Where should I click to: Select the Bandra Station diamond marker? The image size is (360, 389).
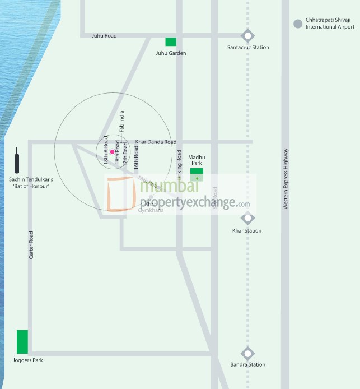click(247, 354)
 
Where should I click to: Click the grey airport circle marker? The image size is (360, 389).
click(298, 24)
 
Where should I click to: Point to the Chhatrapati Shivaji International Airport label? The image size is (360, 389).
click(330, 24)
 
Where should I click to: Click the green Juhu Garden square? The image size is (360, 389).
click(171, 41)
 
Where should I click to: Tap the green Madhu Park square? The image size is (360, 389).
click(197, 172)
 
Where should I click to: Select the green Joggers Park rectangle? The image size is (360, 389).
click(22, 342)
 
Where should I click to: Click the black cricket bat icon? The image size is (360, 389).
click(17, 161)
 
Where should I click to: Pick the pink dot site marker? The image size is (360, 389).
click(112, 152)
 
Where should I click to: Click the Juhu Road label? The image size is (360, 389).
click(104, 36)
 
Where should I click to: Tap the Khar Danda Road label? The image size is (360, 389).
click(156, 142)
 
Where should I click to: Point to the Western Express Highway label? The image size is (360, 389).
click(286, 179)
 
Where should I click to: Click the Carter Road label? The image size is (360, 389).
click(31, 245)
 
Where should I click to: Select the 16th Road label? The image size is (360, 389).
click(135, 154)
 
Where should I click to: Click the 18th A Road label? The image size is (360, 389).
click(105, 150)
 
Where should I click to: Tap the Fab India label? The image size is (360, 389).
click(122, 121)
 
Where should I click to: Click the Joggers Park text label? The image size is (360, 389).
click(27, 360)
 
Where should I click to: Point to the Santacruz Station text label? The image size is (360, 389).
click(248, 48)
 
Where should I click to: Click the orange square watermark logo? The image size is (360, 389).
click(121, 194)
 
